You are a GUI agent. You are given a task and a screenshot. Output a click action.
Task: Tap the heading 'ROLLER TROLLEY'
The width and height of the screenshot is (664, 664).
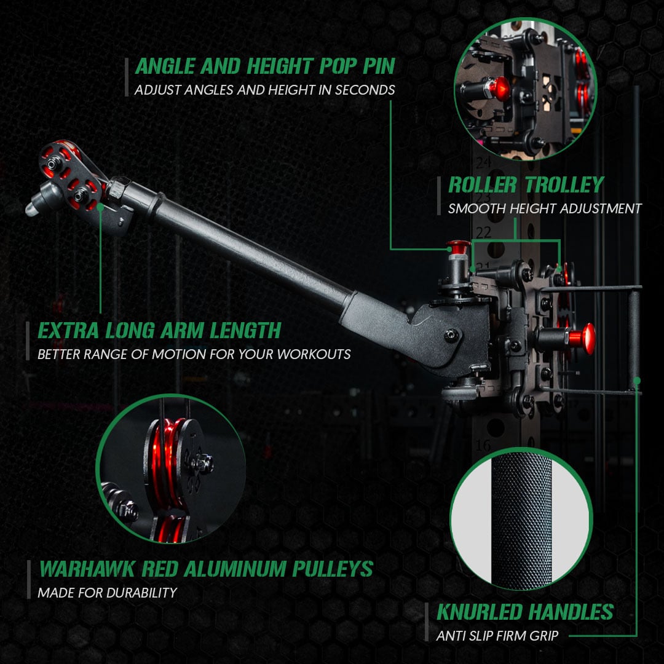(x=526, y=185)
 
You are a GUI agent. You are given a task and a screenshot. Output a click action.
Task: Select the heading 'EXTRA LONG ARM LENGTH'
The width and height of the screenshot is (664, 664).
(x=159, y=330)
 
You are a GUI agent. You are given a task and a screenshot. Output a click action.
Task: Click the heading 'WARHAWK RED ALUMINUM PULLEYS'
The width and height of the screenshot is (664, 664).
(x=206, y=569)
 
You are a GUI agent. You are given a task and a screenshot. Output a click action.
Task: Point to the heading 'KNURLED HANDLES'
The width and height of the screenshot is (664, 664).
(x=525, y=612)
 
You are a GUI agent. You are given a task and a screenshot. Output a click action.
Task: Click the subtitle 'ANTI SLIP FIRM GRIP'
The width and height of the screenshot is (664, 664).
(x=497, y=636)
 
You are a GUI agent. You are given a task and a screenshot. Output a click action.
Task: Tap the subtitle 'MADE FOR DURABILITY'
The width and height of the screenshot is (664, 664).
(x=107, y=593)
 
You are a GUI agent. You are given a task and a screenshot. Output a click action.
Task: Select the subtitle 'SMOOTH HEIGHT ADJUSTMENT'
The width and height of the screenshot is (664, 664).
(x=545, y=208)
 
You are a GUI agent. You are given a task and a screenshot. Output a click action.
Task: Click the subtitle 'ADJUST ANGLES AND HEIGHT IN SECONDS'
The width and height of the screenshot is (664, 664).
(x=264, y=90)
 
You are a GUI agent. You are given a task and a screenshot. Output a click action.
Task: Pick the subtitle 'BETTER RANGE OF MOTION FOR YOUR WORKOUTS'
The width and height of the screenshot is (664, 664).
(x=194, y=354)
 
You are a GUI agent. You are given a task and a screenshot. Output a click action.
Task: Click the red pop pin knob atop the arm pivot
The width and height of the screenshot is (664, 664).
(x=458, y=247)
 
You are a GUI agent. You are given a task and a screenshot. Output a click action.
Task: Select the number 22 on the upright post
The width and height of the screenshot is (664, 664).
(x=484, y=232)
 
